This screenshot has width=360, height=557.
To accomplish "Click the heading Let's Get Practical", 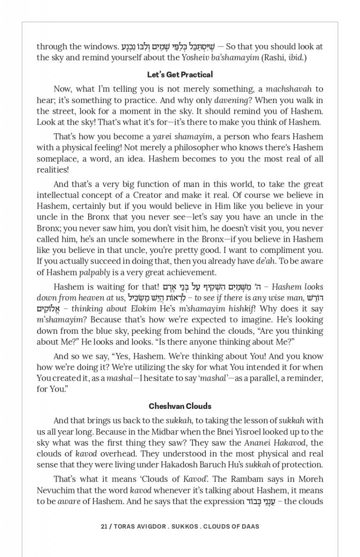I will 180,75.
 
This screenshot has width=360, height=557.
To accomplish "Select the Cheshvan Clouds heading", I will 180,406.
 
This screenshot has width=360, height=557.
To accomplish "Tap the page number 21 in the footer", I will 104,526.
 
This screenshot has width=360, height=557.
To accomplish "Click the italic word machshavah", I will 290,89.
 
